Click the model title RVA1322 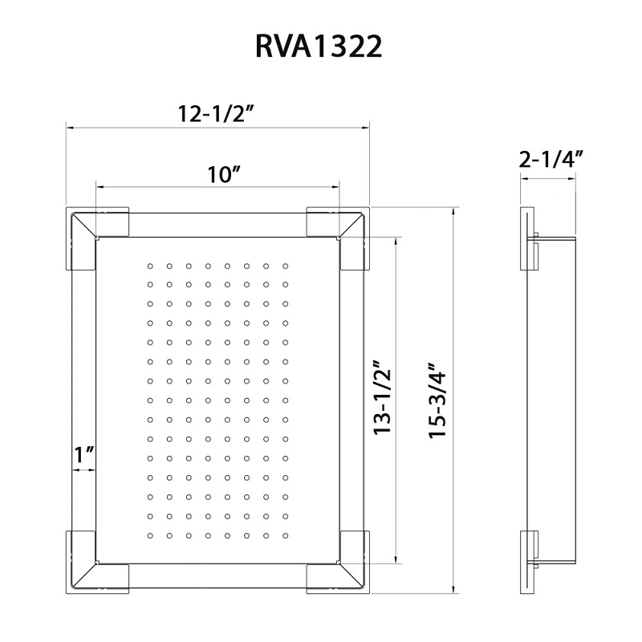tap(319, 46)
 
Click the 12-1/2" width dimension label tap(217, 115)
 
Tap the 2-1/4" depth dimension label tap(551, 158)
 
